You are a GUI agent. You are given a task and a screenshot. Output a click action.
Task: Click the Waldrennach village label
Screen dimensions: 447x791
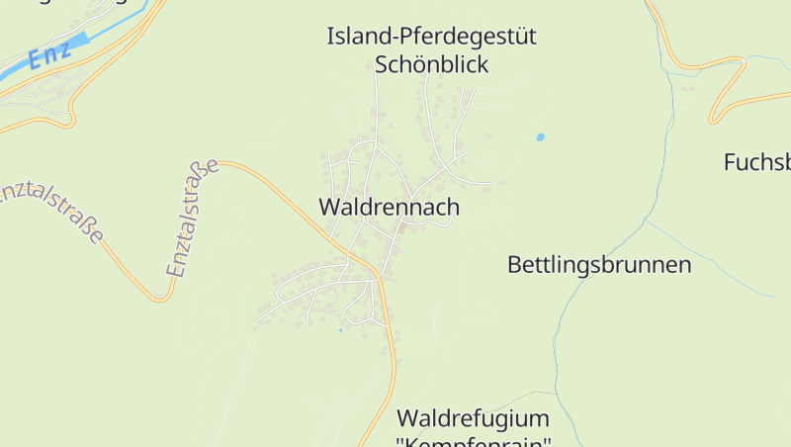tap(389, 208)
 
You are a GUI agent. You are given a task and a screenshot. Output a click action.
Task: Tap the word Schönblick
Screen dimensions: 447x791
tap(432, 65)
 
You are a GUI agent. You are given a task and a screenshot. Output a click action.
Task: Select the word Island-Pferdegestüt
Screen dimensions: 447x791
tap(431, 38)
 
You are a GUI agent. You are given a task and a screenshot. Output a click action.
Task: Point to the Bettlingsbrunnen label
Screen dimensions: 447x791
tap(599, 265)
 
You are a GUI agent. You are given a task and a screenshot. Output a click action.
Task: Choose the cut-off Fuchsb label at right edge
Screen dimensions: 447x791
tap(757, 162)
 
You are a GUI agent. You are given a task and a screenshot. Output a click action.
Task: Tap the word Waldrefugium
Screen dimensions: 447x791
tap(472, 417)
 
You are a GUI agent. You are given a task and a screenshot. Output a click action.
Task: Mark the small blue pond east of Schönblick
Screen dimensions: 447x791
tap(540, 137)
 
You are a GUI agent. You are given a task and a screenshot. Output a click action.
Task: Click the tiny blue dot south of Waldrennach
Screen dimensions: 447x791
tap(340, 329)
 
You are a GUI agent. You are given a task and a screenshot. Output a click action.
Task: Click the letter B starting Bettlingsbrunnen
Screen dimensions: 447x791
tap(514, 265)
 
